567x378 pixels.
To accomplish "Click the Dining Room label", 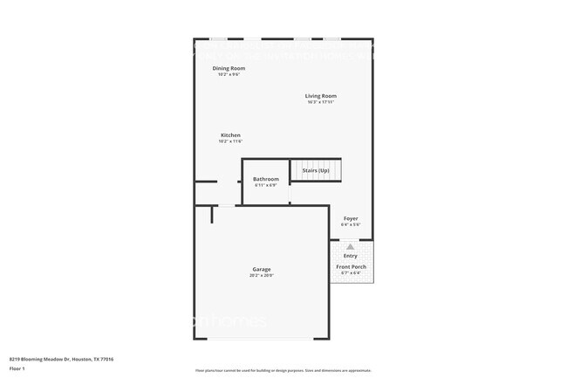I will click(x=229, y=68).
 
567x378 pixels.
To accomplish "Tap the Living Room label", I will click(x=320, y=96).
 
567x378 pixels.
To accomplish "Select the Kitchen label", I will click(x=230, y=135).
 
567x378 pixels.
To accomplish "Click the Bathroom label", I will click(x=266, y=179).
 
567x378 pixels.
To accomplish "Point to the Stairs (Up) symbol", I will click(x=315, y=170).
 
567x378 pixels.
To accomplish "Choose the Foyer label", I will click(x=350, y=218).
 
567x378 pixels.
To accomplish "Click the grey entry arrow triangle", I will click(x=351, y=247).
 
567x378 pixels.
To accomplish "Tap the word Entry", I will click(x=350, y=256).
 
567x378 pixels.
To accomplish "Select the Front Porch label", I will click(x=351, y=267).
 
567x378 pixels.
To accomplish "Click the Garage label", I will click(x=262, y=269).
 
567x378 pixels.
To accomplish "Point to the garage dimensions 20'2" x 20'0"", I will click(x=262, y=275).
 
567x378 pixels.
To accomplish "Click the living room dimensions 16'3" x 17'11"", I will click(x=320, y=102).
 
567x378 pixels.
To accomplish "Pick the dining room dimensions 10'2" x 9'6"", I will click(x=229, y=74).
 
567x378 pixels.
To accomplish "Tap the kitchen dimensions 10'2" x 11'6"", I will click(x=230, y=141).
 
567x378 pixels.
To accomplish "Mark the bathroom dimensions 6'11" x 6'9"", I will click(x=266, y=185).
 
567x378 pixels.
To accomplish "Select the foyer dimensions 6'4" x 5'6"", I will click(x=350, y=224).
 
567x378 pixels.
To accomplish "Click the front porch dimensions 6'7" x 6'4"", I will click(x=351, y=273).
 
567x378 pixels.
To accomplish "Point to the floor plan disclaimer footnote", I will click(x=283, y=371).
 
